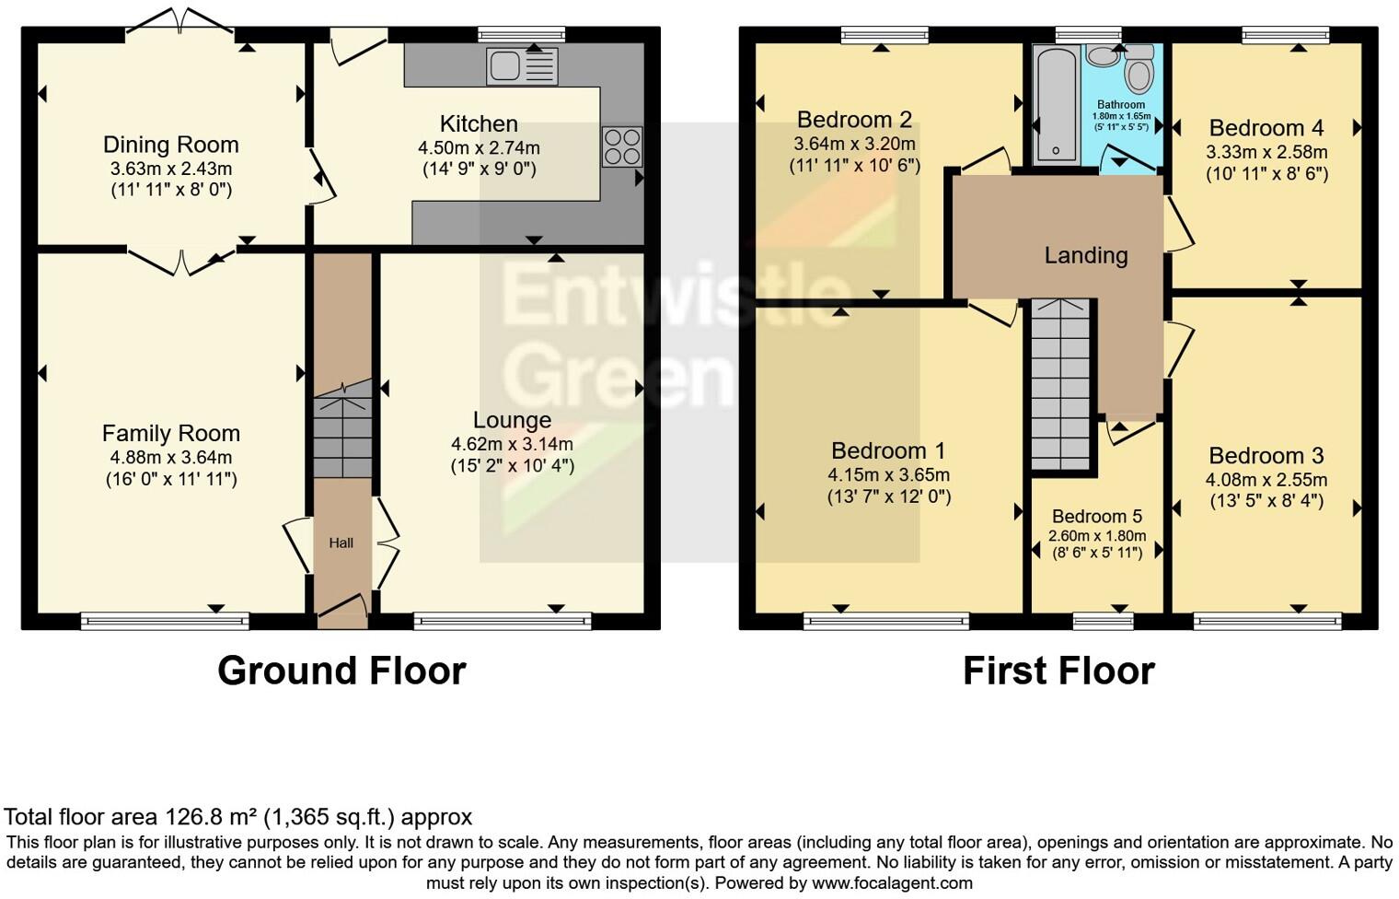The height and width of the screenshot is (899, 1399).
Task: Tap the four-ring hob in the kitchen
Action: pyautogui.click(x=622, y=146)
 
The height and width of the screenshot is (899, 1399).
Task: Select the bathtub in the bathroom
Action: pyautogui.click(x=1056, y=104)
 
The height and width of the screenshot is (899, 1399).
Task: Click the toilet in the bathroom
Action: pyautogui.click(x=1139, y=68)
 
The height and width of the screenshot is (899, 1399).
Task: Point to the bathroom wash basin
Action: pyautogui.click(x=1102, y=55)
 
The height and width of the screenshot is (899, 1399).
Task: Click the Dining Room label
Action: pyautogui.click(x=170, y=145)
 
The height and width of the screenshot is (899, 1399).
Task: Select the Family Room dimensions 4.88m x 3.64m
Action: pyautogui.click(x=170, y=457)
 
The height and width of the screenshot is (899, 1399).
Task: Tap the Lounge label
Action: pyautogui.click(x=512, y=420)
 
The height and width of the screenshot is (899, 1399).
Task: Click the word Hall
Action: pyautogui.click(x=341, y=543)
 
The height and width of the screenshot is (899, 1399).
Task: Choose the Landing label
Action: pyautogui.click(x=1085, y=255)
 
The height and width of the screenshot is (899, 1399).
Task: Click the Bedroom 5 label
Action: pyautogui.click(x=1096, y=516)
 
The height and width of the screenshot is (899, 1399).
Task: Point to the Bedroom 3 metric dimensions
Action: pyautogui.click(x=1266, y=479)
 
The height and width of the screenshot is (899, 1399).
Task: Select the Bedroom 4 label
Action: pyautogui.click(x=1266, y=128)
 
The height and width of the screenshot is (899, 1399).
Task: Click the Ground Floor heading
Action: pyautogui.click(x=341, y=671)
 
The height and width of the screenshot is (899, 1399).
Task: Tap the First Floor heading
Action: pyautogui.click(x=1058, y=671)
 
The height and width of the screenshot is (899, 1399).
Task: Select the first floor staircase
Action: pyautogui.click(x=1059, y=382)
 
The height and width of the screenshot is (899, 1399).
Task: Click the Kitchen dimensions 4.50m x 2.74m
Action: pyautogui.click(x=479, y=147)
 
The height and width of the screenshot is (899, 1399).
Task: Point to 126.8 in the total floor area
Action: pyautogui.click(x=192, y=817)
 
